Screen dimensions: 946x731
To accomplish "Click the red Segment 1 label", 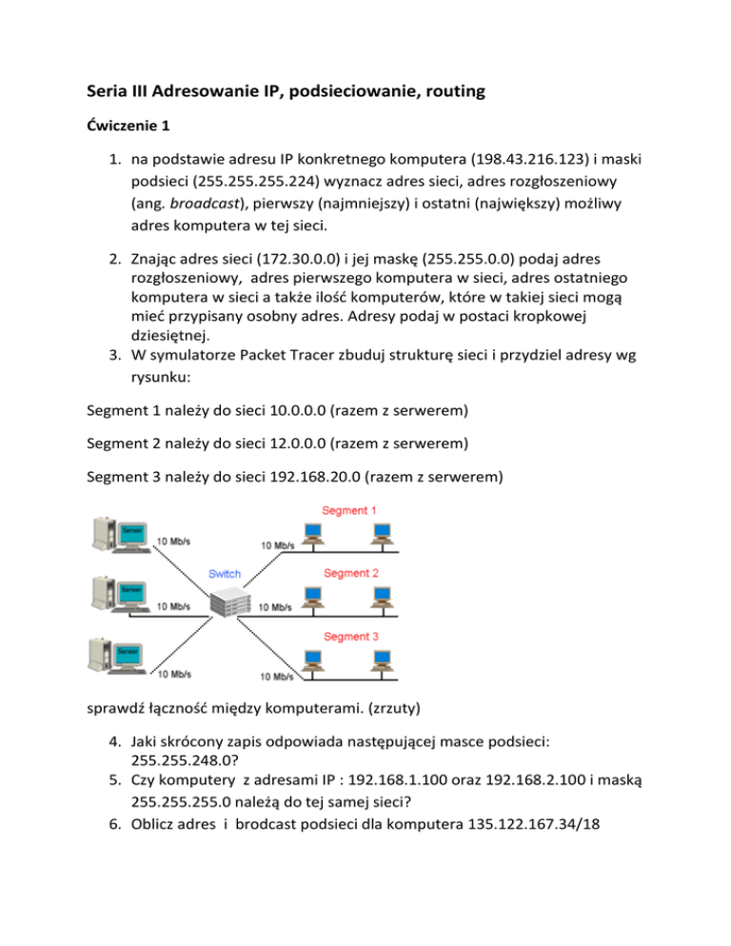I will [x=349, y=510].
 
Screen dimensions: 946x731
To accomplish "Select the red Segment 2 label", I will [x=351, y=574].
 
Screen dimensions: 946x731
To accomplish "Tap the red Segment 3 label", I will [x=351, y=636].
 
